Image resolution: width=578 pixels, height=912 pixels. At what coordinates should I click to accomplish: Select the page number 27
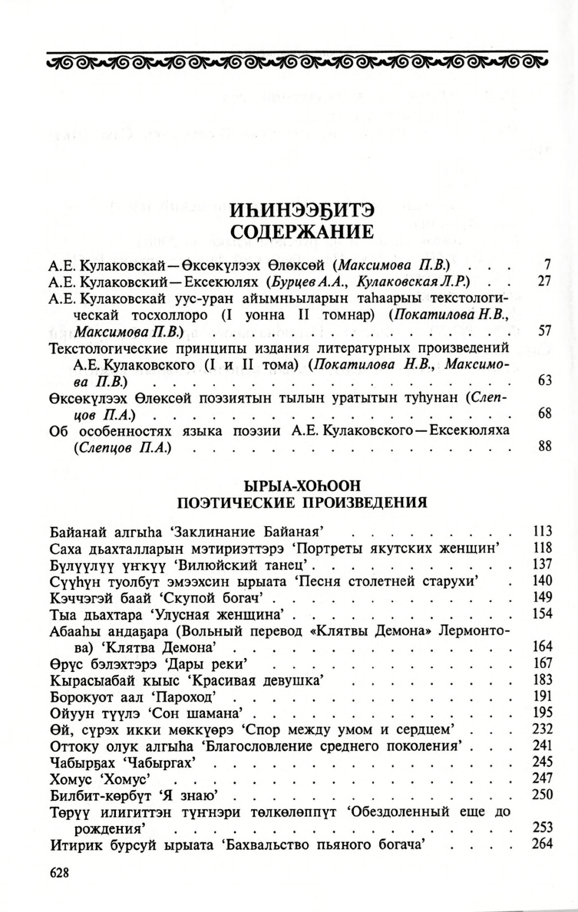pos(545,281)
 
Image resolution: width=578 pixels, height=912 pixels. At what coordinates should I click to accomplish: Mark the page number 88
pos(545,446)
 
